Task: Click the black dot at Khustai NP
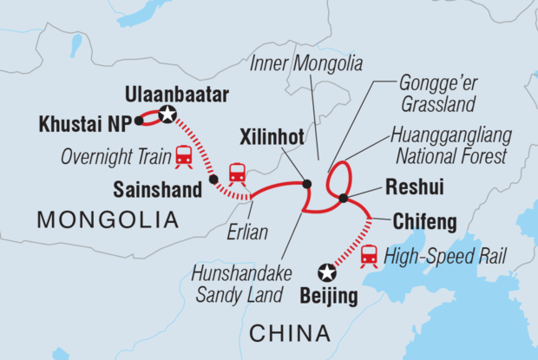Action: coord(138,122)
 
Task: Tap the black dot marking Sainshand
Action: coord(213,180)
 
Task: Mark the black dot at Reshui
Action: coord(344,199)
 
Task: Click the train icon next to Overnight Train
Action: coord(183,156)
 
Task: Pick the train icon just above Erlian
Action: coord(237,173)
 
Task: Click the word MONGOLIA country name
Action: coord(108,221)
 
